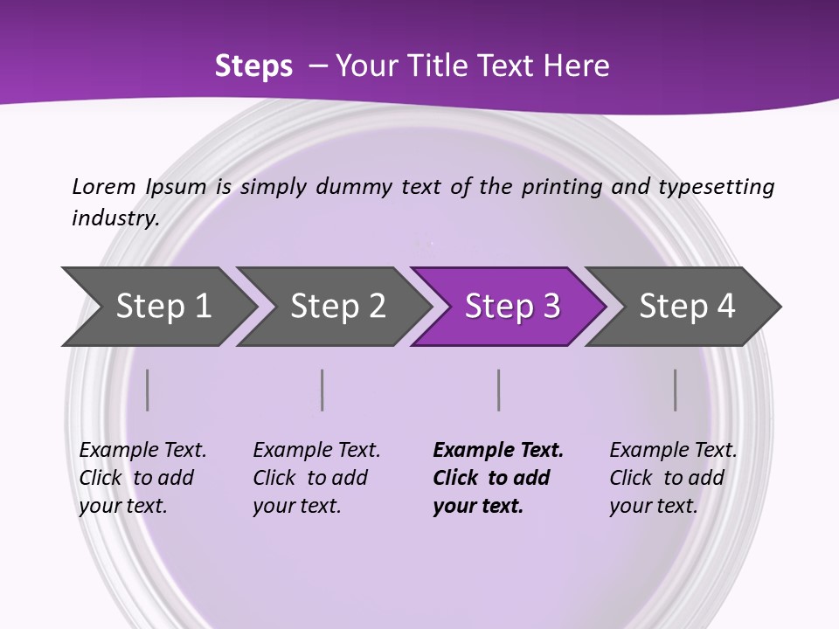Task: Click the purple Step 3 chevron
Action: [x=511, y=307]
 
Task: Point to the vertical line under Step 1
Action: [x=148, y=390]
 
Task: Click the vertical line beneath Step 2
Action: [x=322, y=390]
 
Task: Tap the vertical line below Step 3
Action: [x=499, y=390]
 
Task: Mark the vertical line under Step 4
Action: [x=676, y=390]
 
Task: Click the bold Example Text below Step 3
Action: [x=498, y=451]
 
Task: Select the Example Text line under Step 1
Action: [x=142, y=451]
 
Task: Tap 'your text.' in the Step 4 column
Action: [x=653, y=507]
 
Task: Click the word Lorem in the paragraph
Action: [x=104, y=187]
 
